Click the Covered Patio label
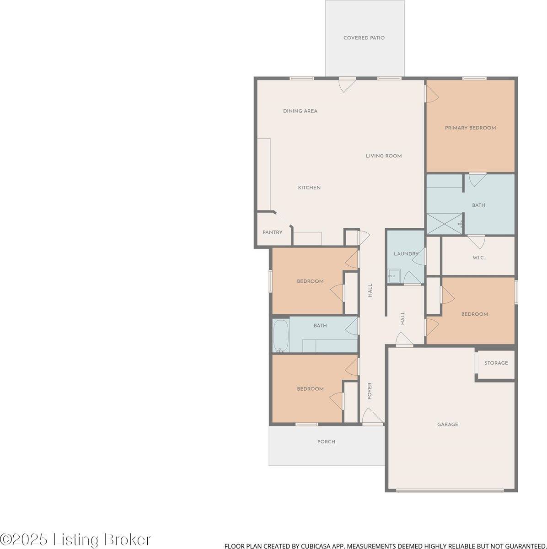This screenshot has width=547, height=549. click(364, 38)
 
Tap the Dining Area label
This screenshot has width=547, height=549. click(300, 111)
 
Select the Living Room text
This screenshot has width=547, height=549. click(383, 156)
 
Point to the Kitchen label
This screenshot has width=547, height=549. click(309, 188)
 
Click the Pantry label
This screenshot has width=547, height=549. click(272, 232)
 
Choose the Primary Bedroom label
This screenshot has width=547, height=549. click(470, 128)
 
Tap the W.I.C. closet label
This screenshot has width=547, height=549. click(478, 258)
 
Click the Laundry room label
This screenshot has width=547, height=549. click(406, 254)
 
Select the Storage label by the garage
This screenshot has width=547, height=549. click(496, 363)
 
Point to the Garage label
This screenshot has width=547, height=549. click(447, 425)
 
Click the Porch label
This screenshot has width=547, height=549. click(326, 442)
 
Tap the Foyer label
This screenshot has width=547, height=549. click(370, 391)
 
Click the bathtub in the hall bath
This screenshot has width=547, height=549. click(281, 336)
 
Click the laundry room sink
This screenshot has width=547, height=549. click(393, 275)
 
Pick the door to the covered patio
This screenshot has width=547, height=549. click(346, 84)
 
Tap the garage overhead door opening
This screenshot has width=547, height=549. click(450, 490)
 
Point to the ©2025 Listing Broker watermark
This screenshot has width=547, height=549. click(75, 539)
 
